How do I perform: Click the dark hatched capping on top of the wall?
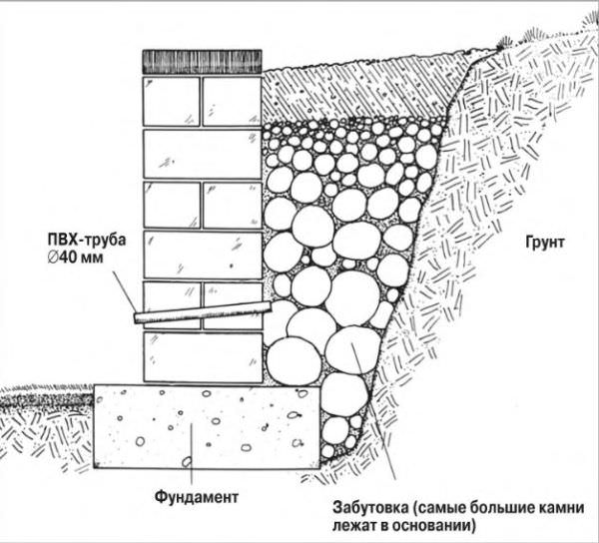(x=202, y=61)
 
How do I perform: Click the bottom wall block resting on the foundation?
(x=202, y=357)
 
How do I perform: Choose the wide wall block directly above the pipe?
(x=202, y=254)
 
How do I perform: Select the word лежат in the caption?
(x=351, y=524)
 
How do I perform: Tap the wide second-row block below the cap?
(x=202, y=152)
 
